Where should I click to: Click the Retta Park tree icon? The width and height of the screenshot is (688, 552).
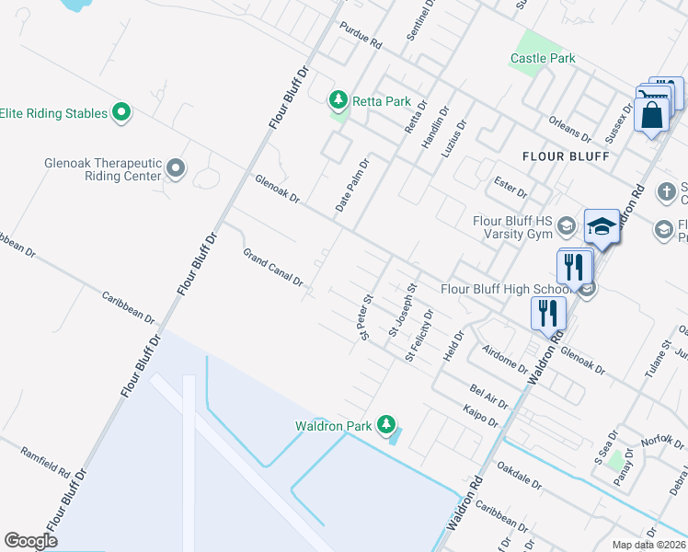(338, 99)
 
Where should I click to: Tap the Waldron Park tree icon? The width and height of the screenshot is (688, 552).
(388, 425)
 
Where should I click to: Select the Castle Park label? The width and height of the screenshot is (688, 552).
(543, 58)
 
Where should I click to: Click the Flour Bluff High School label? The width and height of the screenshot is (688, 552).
(508, 288)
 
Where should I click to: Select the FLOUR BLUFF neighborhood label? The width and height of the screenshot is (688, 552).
(566, 156)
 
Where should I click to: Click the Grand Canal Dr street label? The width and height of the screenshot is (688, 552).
(273, 268)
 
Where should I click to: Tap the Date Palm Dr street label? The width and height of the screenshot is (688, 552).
(352, 187)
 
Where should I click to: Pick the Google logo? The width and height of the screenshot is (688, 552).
(30, 541)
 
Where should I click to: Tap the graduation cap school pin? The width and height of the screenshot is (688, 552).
(602, 225)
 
